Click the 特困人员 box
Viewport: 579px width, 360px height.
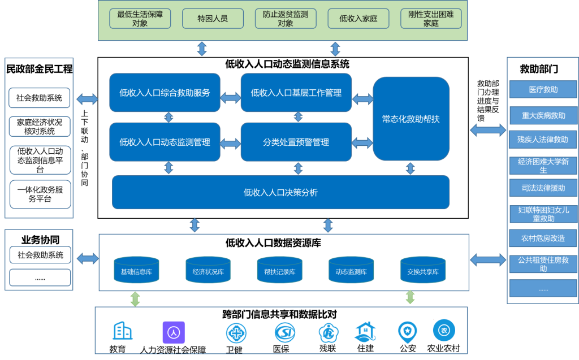pyautogui.click(x=213, y=19)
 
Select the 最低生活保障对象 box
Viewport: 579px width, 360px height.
pyautogui.click(x=140, y=19)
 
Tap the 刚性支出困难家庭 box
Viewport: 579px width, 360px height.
pyautogui.click(x=431, y=19)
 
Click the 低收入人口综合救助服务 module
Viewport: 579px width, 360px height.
pyautogui.click(x=165, y=93)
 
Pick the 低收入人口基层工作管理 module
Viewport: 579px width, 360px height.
pyautogui.click(x=296, y=93)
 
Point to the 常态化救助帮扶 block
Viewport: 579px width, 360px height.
pyautogui.click(x=411, y=119)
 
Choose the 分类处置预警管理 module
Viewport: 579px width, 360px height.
pyautogui.click(x=296, y=142)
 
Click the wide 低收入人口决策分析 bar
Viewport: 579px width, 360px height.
pyautogui.click(x=280, y=193)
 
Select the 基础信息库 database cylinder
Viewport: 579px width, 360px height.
pyautogui.click(x=136, y=270)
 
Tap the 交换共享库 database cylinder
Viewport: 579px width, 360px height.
pyautogui.click(x=423, y=270)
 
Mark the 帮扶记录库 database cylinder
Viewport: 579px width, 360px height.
pyautogui.click(x=279, y=270)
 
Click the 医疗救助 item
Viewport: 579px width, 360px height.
pyautogui.click(x=543, y=89)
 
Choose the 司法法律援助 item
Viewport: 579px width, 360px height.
pyautogui.click(x=543, y=188)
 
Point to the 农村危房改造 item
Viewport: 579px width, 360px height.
pyautogui.click(x=543, y=238)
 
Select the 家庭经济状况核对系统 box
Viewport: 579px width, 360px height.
pyautogui.click(x=40, y=127)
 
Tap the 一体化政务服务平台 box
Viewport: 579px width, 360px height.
pyautogui.click(x=40, y=194)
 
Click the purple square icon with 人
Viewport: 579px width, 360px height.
pyautogui.click(x=174, y=332)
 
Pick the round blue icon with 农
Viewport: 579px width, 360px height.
pyautogui.click(x=444, y=330)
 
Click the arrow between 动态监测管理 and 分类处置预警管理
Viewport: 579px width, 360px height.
pyautogui.click(x=230, y=143)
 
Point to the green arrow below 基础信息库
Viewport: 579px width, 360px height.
pyautogui.click(x=135, y=298)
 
